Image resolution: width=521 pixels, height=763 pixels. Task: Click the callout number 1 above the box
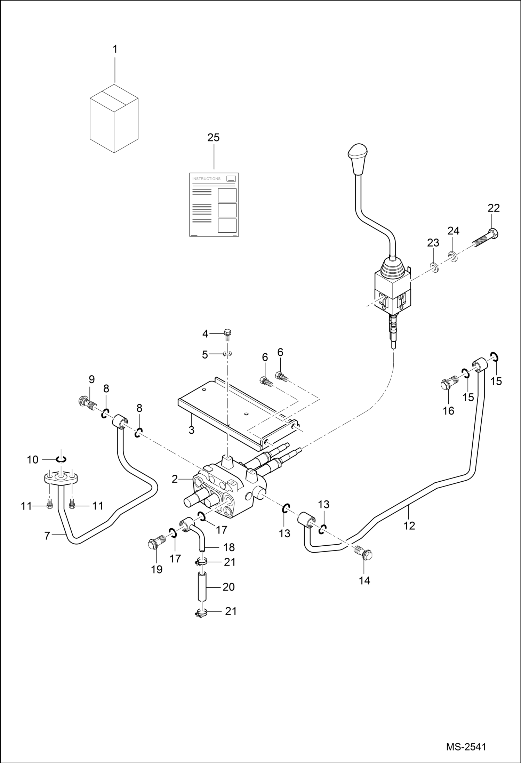pyautogui.click(x=115, y=49)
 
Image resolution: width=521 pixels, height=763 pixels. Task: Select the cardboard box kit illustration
pyautogui.click(x=114, y=118)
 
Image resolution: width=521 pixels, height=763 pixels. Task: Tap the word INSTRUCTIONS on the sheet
pyautogui.click(x=206, y=179)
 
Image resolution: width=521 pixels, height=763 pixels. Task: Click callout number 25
pyautogui.click(x=214, y=138)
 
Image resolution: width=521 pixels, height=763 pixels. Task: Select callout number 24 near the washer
pyautogui.click(x=453, y=231)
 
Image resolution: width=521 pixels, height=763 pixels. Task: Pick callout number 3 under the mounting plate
pyautogui.click(x=191, y=430)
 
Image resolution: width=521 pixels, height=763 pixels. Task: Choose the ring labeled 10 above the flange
pyautogui.click(x=61, y=460)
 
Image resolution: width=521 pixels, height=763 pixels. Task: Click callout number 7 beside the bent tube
pyautogui.click(x=47, y=536)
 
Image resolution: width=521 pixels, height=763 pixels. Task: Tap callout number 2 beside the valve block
pyautogui.click(x=175, y=479)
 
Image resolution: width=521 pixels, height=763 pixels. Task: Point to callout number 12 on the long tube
pyautogui.click(x=409, y=525)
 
